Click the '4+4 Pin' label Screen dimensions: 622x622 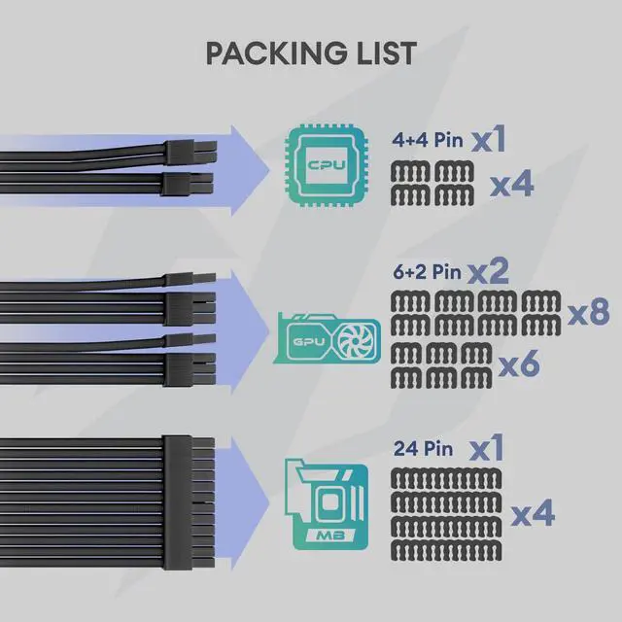(429, 142)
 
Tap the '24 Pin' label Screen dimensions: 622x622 (421, 450)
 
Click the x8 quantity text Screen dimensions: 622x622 (588, 313)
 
